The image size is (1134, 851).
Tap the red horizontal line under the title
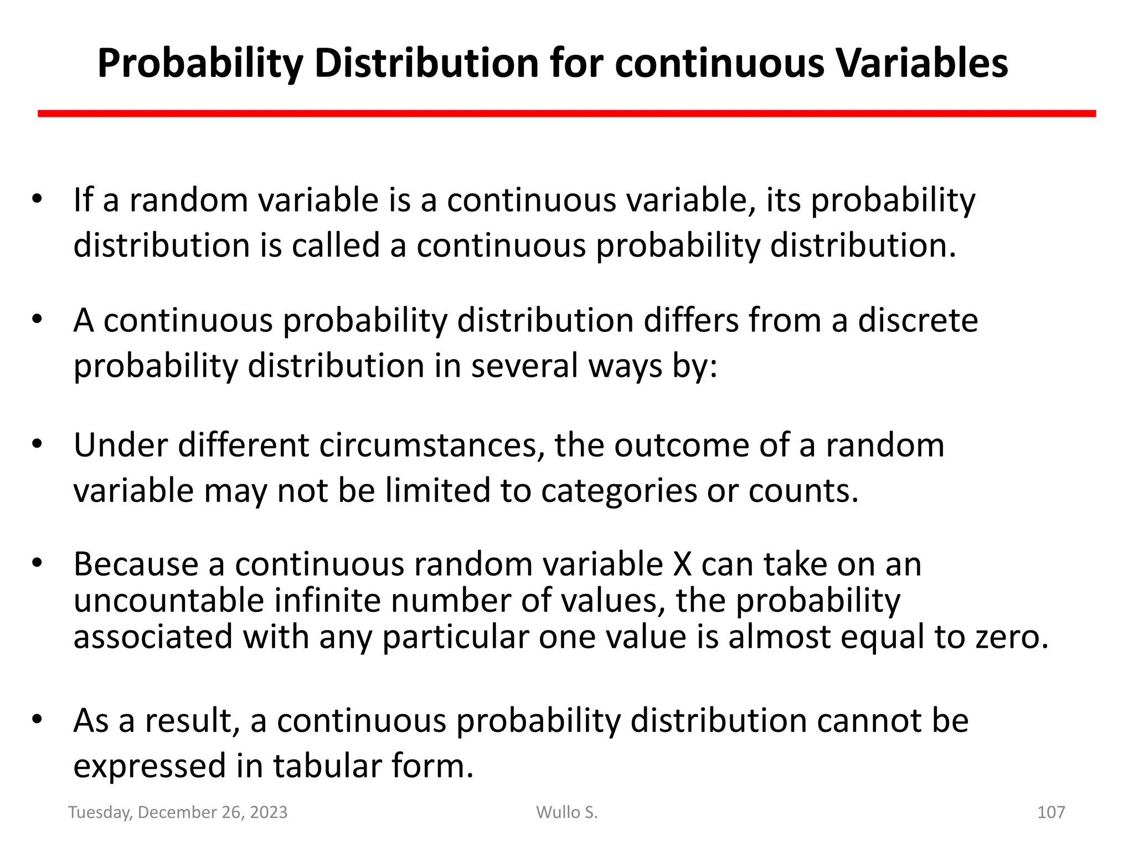point(566,114)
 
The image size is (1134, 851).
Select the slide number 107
point(1050,812)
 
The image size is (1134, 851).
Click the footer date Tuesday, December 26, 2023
point(178,812)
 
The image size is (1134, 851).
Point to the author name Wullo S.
point(566,812)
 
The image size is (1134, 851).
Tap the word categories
point(618,491)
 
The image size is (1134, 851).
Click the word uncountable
point(168,601)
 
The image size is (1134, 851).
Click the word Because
point(136,565)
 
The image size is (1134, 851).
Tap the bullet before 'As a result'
point(37,720)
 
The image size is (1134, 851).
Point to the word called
point(336,245)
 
